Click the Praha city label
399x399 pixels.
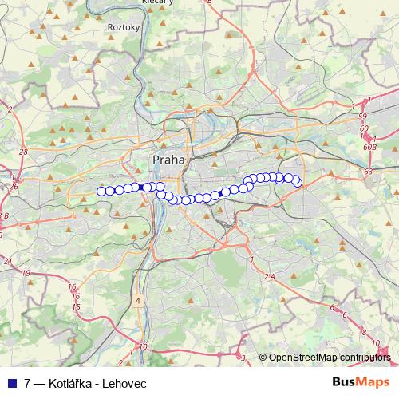point(168,160)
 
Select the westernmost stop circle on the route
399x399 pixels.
point(101,191)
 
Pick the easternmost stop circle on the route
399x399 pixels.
point(297,182)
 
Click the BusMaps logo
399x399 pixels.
point(362,383)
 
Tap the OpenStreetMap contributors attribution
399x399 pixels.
point(330,358)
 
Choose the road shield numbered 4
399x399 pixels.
point(138,301)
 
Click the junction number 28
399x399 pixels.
point(22,150)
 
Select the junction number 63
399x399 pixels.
point(367,171)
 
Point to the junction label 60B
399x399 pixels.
point(369,147)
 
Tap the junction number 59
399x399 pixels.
point(363,117)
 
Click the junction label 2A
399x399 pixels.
point(269,276)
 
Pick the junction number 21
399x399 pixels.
point(8,261)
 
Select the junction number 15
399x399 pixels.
point(76,306)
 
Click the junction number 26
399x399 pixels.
point(15,187)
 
